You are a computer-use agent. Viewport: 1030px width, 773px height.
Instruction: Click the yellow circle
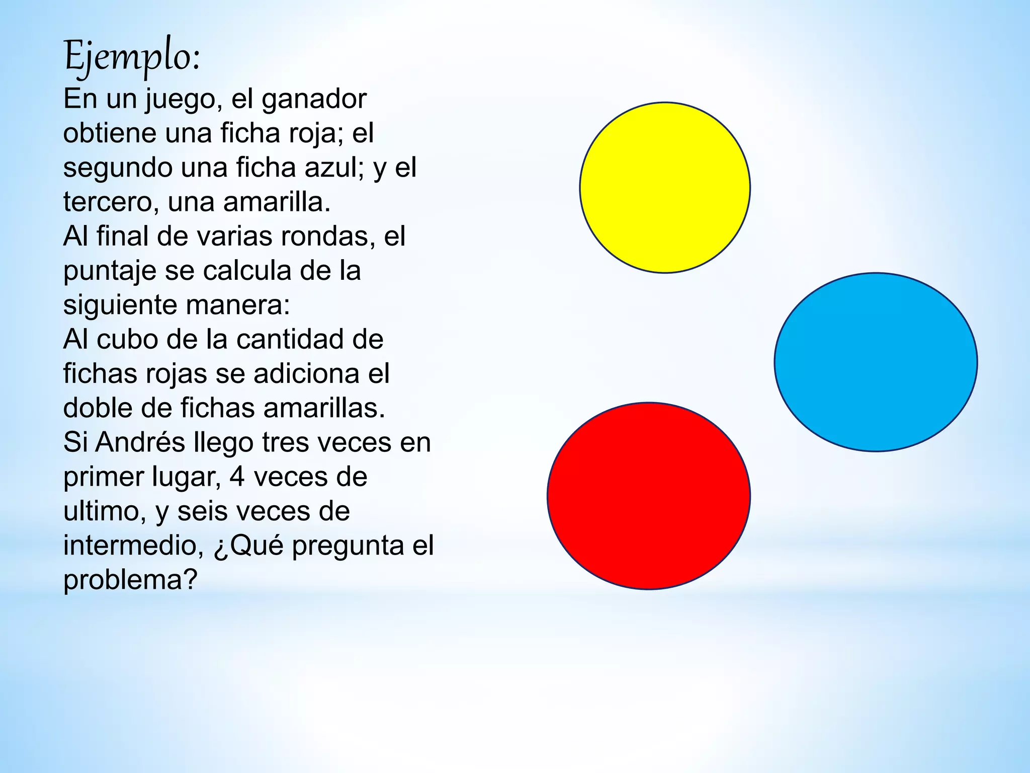(x=665, y=188)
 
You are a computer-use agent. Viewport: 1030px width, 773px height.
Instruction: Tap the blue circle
(x=876, y=362)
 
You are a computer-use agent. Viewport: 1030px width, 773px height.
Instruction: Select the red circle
(x=649, y=496)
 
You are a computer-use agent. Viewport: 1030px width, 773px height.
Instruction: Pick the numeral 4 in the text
(x=237, y=477)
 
